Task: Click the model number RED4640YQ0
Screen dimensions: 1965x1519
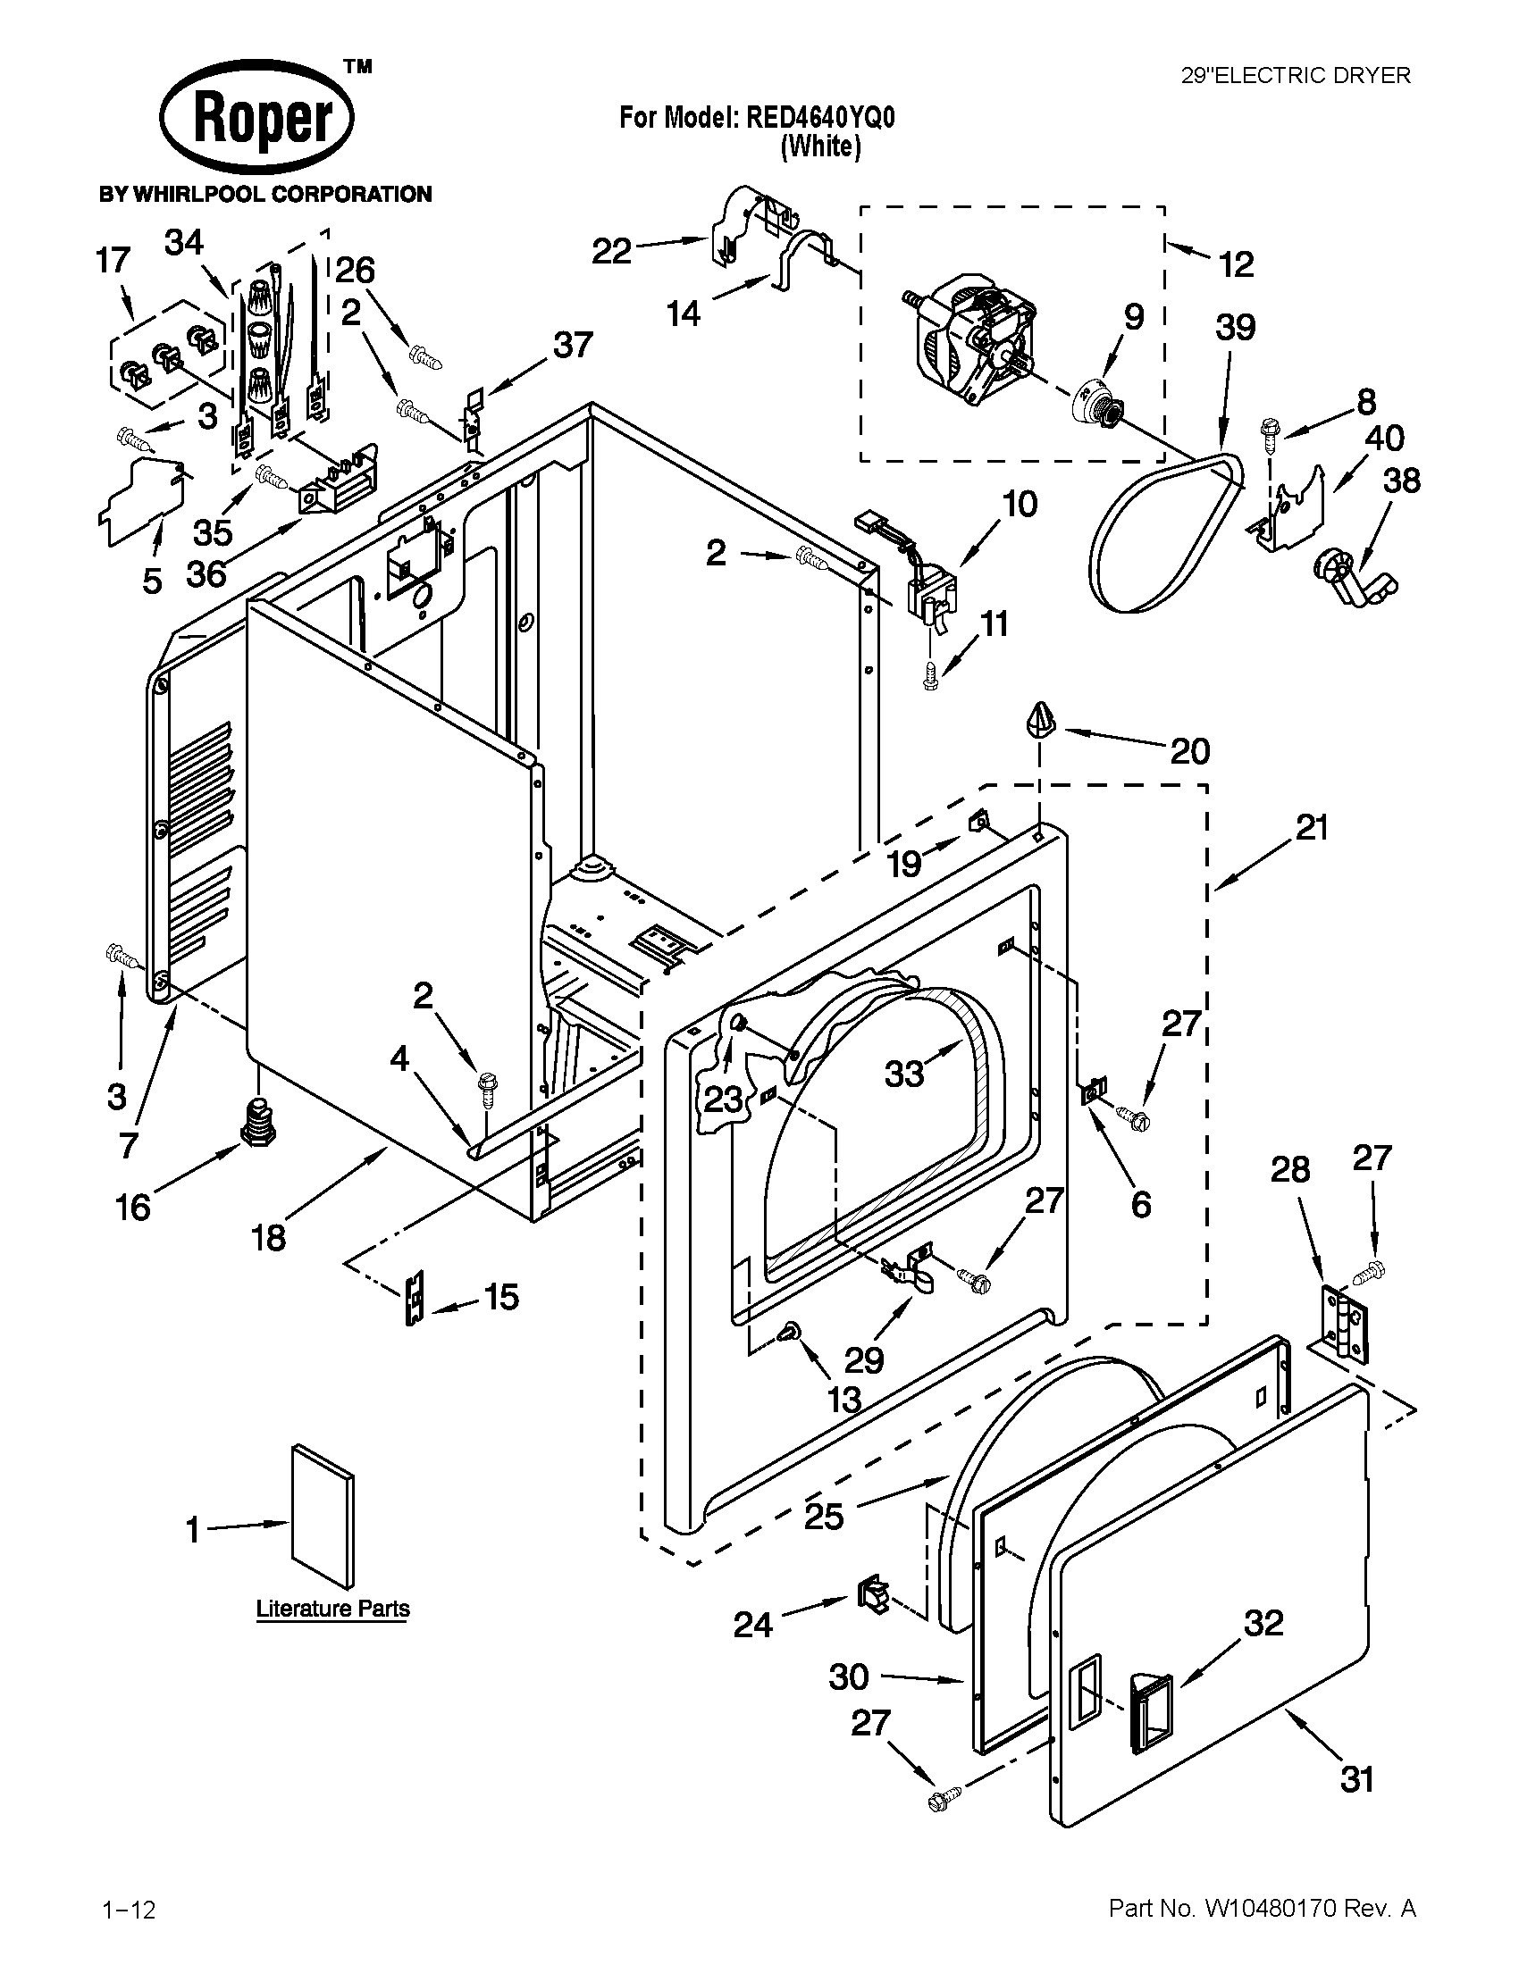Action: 819,118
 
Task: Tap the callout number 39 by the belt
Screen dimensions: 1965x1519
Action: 1235,328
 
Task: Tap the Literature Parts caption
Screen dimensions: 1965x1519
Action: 333,1609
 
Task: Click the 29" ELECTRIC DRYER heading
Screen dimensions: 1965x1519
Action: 1295,76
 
